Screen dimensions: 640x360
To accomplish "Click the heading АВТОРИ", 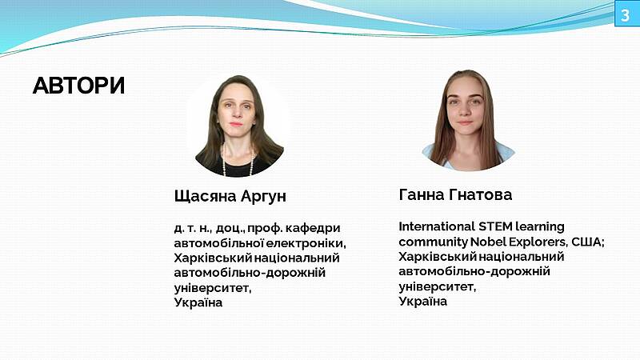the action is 78,86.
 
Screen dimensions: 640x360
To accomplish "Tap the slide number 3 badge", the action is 626,15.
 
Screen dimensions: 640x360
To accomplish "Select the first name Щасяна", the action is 205,196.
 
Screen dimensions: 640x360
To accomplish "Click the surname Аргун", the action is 263,196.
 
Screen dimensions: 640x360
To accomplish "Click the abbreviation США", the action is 587,242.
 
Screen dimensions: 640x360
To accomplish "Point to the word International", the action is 437,226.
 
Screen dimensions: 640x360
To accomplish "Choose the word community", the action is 433,242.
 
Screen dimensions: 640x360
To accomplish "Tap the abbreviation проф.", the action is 265,228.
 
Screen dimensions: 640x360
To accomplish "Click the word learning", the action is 539,227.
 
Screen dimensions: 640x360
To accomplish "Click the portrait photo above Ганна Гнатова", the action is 468,120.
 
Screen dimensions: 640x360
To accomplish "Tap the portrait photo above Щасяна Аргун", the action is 238,126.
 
